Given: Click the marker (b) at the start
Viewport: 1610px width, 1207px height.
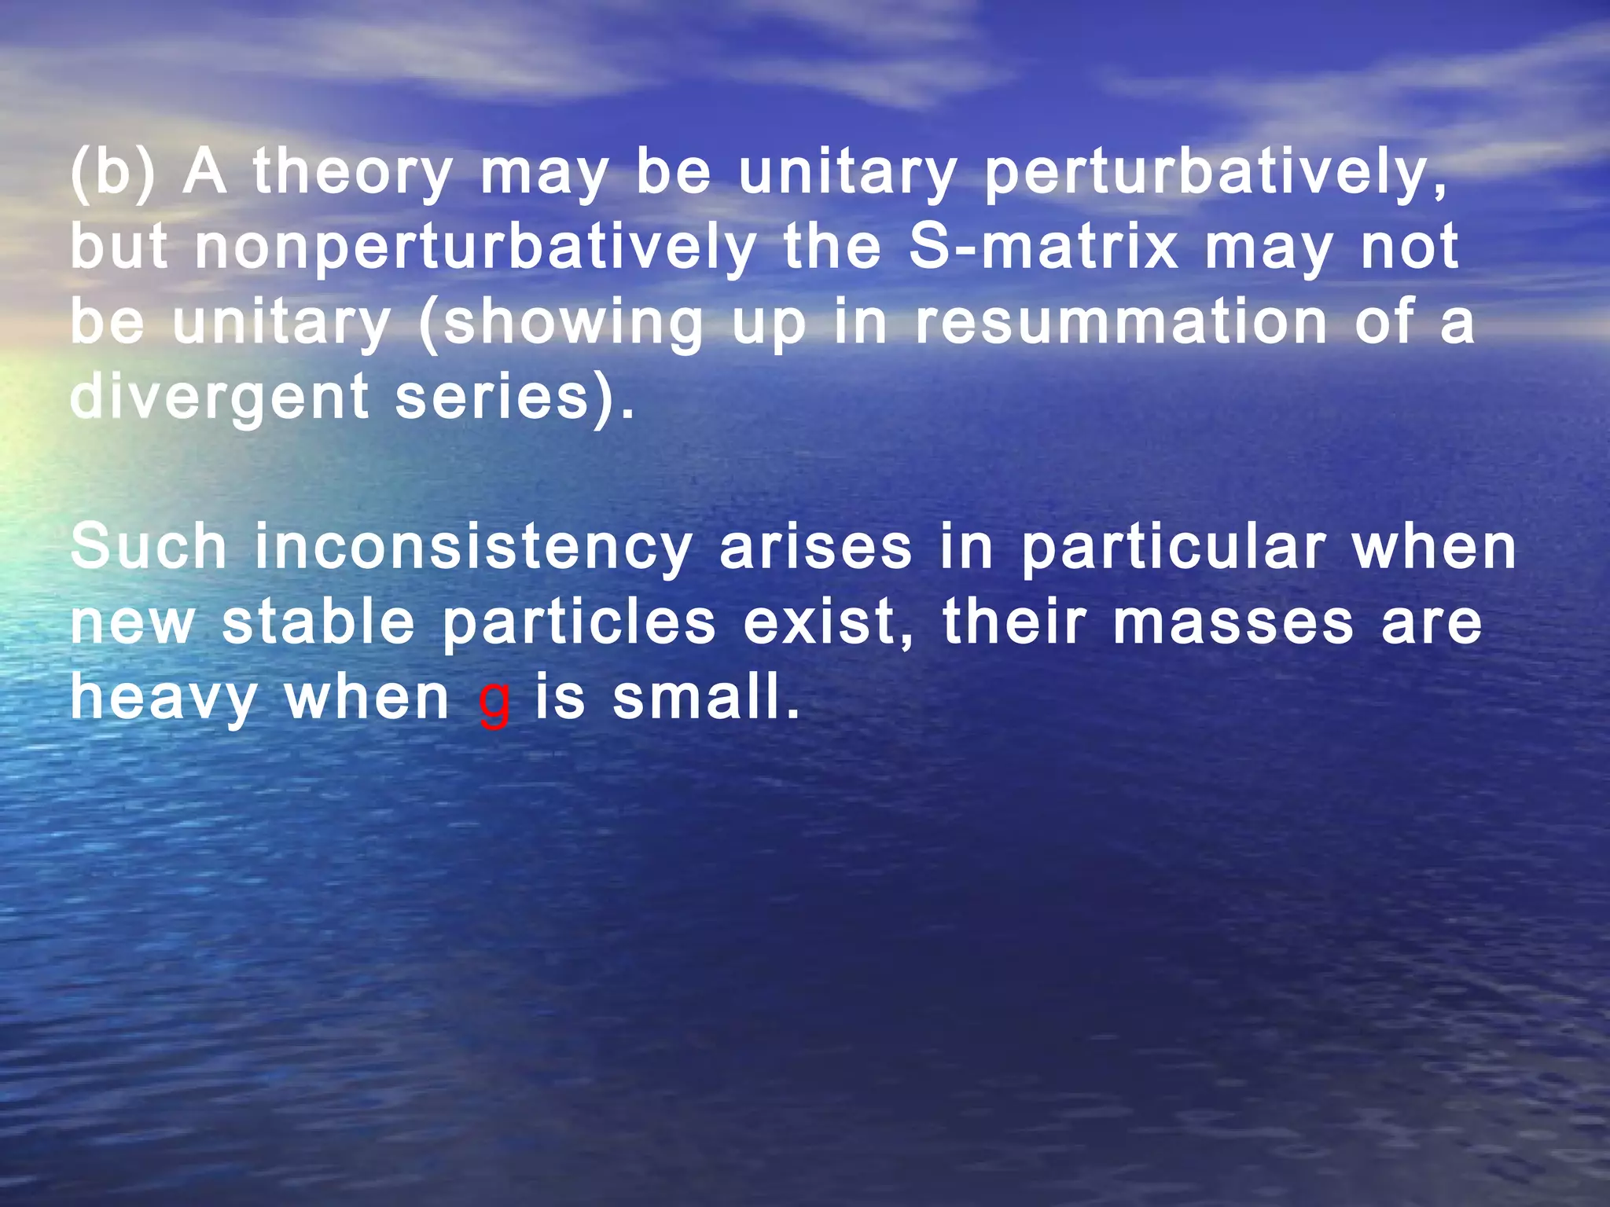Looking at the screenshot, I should point(113,172).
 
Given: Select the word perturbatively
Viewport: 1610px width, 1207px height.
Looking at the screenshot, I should point(1215,172).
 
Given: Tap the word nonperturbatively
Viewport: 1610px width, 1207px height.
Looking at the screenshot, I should point(475,248).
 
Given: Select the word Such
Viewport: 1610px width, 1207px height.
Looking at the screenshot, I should point(149,547).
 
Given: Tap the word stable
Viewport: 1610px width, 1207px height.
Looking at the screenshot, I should point(318,622).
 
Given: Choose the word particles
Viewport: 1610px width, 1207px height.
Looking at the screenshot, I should point(579,623).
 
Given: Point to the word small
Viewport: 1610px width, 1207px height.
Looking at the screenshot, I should point(704,697).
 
